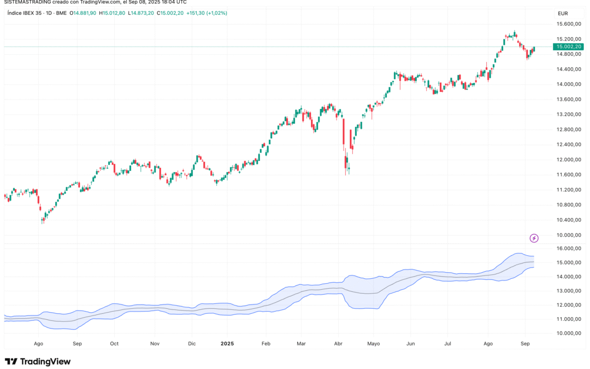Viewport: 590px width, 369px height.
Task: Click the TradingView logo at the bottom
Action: [38, 361]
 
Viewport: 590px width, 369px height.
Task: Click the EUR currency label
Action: [562, 13]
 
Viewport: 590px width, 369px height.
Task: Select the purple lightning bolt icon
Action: [534, 238]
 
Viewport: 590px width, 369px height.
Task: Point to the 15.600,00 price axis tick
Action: [568, 24]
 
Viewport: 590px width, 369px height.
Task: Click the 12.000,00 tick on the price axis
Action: [568, 160]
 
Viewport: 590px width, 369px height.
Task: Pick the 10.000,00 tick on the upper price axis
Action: [568, 235]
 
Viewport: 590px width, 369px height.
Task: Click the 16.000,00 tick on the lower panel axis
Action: [568, 248]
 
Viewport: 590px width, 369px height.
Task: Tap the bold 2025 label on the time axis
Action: [227, 344]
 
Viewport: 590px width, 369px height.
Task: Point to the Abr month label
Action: [338, 344]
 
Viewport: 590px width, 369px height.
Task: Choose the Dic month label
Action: [192, 344]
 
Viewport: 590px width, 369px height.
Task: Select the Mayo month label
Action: [374, 344]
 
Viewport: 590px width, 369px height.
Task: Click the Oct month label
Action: [114, 344]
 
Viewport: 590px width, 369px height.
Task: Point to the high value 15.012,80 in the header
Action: [114, 13]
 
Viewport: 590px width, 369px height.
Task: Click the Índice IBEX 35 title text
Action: [25, 13]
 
